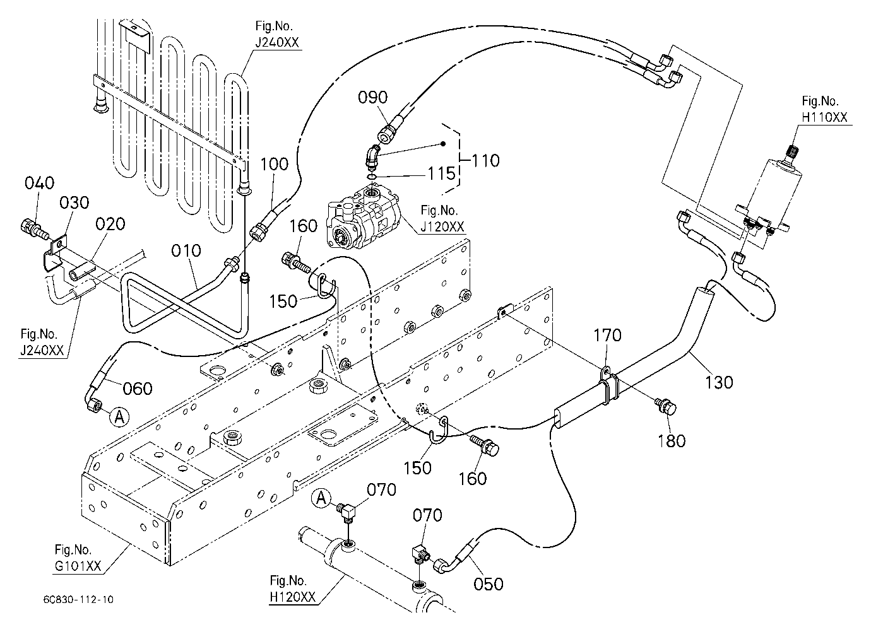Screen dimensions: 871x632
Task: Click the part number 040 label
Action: pos(39,183)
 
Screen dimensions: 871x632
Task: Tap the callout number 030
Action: pos(74,202)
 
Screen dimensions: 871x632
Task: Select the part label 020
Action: pos(110,224)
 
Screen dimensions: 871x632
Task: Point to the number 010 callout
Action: pos(186,250)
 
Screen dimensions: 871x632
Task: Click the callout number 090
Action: pos(373,98)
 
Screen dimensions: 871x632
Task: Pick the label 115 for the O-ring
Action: pos(441,173)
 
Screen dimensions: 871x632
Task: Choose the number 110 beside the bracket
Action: pos(485,161)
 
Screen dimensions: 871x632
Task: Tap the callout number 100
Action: pos(274,164)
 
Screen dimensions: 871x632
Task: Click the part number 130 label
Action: pos(719,382)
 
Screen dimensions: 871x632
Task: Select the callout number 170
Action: pos(608,335)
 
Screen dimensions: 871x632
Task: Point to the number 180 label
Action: pos(672,441)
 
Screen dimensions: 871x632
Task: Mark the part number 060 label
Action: pos(138,389)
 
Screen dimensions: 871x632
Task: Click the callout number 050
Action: pos(489,584)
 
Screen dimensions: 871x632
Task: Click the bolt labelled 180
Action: pos(666,406)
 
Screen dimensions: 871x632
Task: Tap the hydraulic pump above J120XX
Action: pos(364,217)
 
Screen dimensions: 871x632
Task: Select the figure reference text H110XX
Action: pos(824,117)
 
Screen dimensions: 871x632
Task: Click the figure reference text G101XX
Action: pos(78,566)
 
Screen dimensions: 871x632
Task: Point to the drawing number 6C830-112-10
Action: pos(78,600)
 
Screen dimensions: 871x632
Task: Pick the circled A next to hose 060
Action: pos(119,417)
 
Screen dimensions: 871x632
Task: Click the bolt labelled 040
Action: pos(33,230)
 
